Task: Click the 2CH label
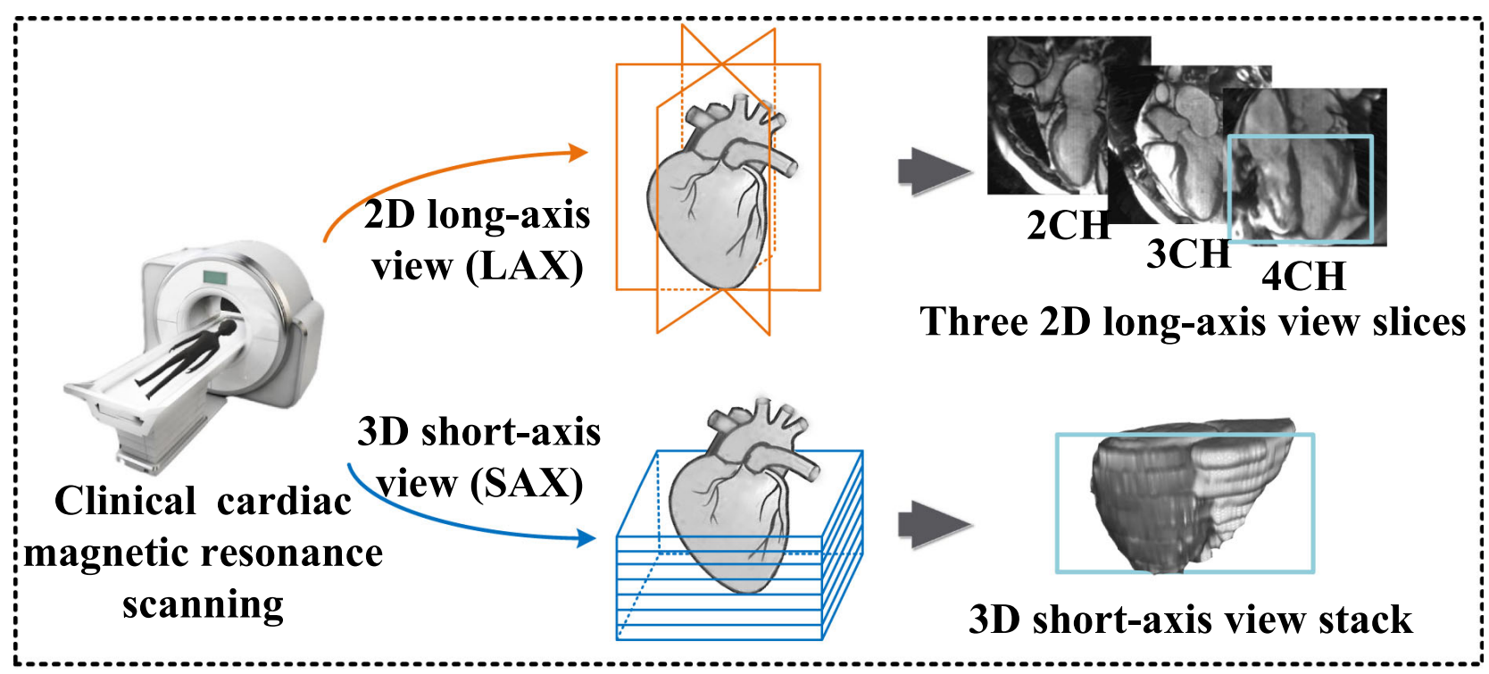click(x=1068, y=225)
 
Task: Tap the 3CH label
click(x=1188, y=254)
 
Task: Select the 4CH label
click(x=1303, y=276)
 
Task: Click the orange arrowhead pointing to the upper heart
click(x=578, y=153)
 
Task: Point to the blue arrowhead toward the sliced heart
click(x=586, y=537)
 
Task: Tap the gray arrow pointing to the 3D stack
click(x=933, y=524)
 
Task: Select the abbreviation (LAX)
click(x=526, y=266)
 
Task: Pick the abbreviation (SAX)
click(x=527, y=484)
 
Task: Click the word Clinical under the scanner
click(x=125, y=501)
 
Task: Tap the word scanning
click(x=204, y=604)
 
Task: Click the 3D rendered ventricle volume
click(x=1187, y=495)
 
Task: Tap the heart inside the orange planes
click(x=714, y=196)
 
